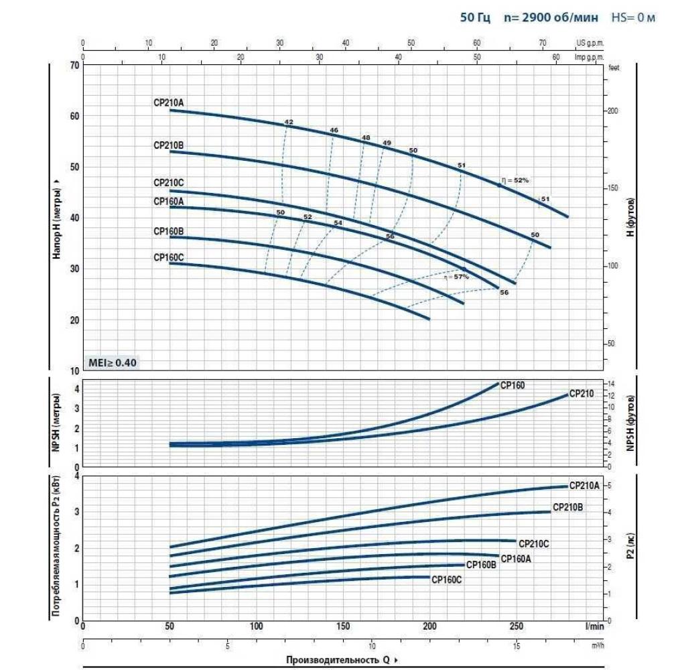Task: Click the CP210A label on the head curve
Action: (x=168, y=103)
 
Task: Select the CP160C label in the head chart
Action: (x=168, y=257)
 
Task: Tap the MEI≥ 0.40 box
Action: (x=112, y=363)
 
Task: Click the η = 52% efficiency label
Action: (x=515, y=180)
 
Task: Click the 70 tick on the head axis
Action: (x=74, y=66)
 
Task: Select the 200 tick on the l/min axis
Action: (x=429, y=626)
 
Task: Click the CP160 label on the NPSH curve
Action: (x=513, y=385)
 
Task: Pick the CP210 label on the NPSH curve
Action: (x=581, y=394)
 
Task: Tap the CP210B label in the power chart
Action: (x=567, y=508)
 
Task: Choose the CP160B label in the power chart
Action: (x=481, y=565)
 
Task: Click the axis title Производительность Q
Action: (x=337, y=660)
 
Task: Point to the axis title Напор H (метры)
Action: (x=58, y=217)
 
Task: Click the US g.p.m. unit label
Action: (x=590, y=43)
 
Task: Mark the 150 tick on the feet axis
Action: (x=612, y=188)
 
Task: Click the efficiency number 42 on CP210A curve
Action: (x=289, y=122)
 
